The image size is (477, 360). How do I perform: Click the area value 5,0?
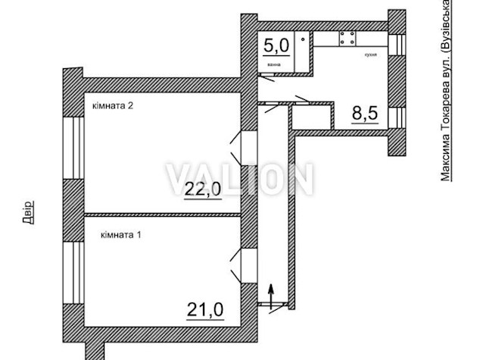tap(276, 45)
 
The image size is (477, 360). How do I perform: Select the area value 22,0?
tap(203, 189)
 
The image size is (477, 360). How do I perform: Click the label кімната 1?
tap(121, 236)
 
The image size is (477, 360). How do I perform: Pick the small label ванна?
tap(273, 64)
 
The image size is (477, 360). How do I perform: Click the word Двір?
tap(28, 211)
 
